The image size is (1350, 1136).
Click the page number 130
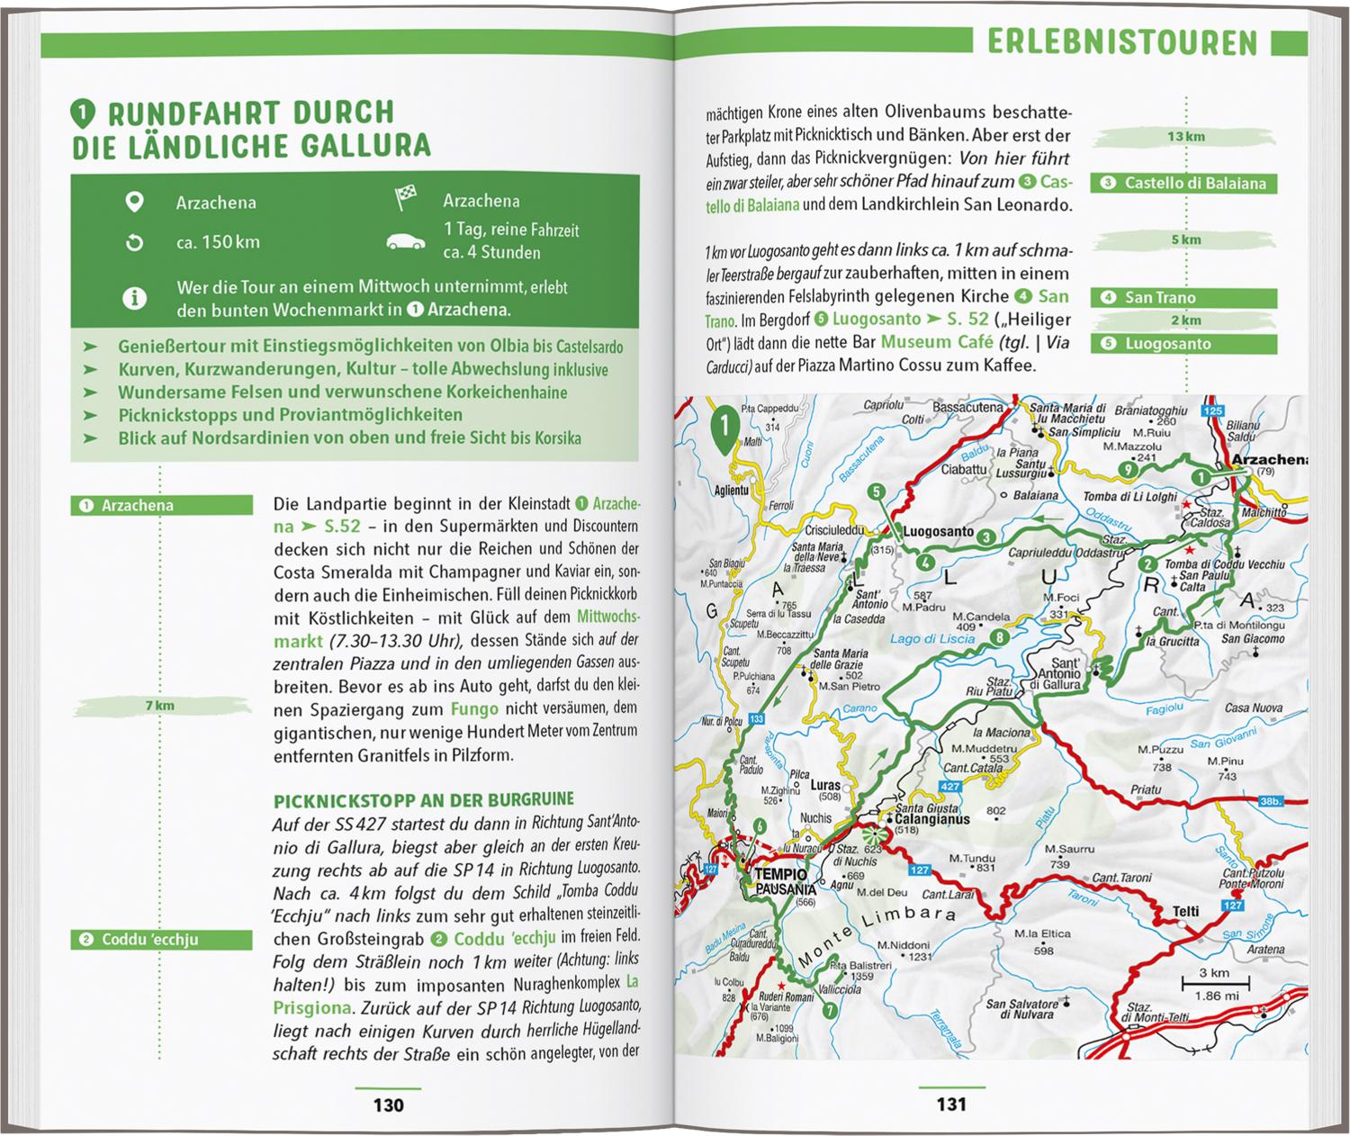click(x=388, y=1104)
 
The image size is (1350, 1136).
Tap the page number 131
click(x=951, y=1104)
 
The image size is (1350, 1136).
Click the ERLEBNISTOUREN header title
click(x=1121, y=42)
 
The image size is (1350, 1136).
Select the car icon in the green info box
click(x=406, y=241)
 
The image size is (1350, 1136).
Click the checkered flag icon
click(x=406, y=199)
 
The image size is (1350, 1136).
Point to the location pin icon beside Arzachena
click(x=134, y=202)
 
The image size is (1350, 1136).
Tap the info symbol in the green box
click(x=134, y=298)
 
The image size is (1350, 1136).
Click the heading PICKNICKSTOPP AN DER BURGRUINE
click(x=423, y=800)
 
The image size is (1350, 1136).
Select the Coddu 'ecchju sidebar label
click(x=161, y=940)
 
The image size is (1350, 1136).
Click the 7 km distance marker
click(x=160, y=706)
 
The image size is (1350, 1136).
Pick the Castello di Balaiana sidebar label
click(x=1183, y=184)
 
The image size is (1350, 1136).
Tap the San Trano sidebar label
click(x=1183, y=298)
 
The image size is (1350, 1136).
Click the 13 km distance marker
click(x=1185, y=137)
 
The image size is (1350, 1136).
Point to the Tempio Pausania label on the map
click(x=780, y=881)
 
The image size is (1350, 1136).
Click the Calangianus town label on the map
click(x=932, y=820)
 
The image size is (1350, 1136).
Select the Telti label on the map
click(x=1185, y=911)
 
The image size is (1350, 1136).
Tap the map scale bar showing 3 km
click(x=1214, y=983)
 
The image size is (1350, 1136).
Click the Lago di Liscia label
click(x=932, y=639)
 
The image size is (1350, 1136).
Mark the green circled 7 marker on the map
click(x=829, y=1011)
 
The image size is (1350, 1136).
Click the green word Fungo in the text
click(x=474, y=708)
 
